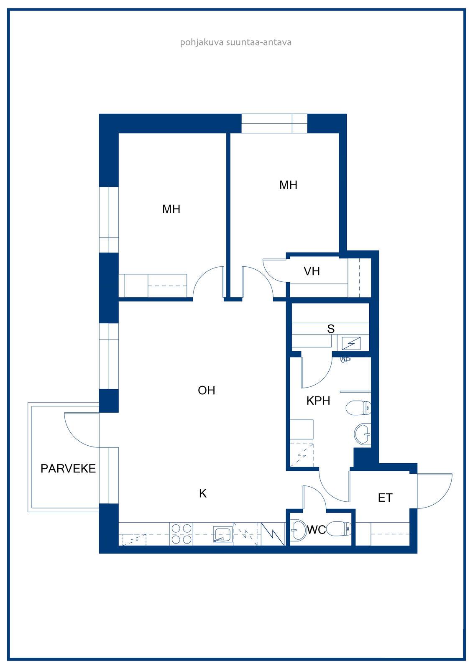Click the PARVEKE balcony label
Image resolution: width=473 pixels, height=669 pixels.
click(x=68, y=469)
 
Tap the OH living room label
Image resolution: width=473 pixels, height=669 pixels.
click(x=207, y=391)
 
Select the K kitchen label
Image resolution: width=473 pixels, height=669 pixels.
click(x=203, y=493)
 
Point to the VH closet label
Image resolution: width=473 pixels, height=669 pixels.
click(x=312, y=271)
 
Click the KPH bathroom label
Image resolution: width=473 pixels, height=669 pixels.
click(x=318, y=401)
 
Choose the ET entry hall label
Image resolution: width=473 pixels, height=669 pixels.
click(x=385, y=498)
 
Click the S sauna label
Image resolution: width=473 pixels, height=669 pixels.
click(x=331, y=329)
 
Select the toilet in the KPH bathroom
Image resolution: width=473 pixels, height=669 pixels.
click(x=358, y=408)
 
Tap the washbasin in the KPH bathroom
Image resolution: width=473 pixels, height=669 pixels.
click(x=363, y=434)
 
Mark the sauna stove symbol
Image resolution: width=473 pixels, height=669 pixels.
click(x=351, y=343)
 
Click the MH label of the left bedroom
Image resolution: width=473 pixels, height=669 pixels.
click(x=171, y=209)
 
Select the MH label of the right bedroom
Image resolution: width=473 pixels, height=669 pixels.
click(x=288, y=185)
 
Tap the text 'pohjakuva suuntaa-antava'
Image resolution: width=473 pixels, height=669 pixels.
click(x=236, y=42)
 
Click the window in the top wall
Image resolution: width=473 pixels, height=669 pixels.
click(x=274, y=123)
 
